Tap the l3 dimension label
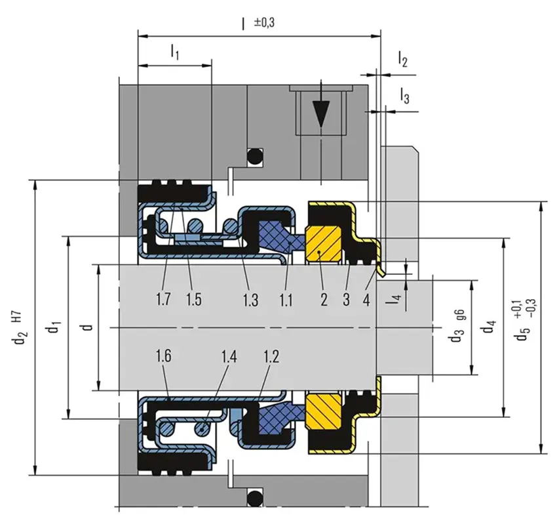[x=405, y=97]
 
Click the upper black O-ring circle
[x=254, y=157]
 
